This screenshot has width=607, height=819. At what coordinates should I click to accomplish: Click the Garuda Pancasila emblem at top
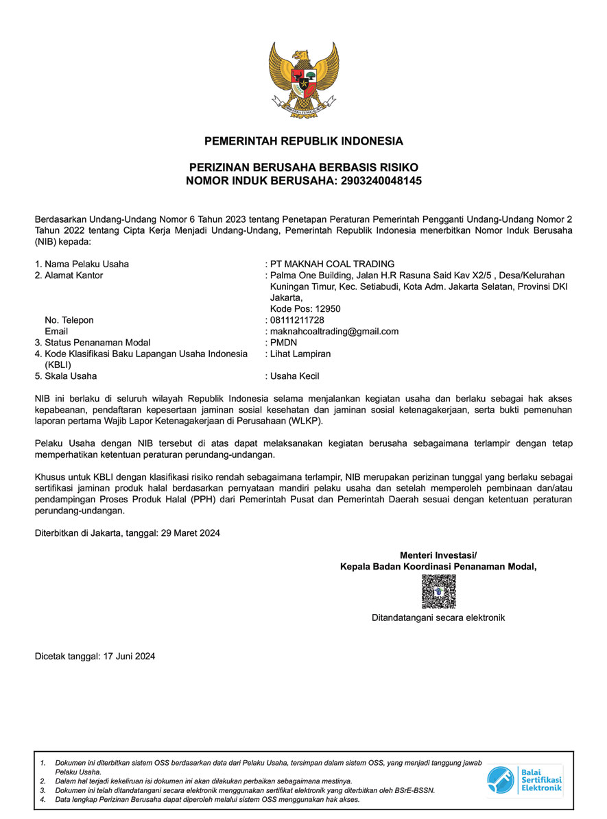(x=303, y=77)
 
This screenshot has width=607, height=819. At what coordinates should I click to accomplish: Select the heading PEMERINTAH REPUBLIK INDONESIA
(x=304, y=142)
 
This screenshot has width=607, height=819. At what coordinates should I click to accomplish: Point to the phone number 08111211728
(x=297, y=320)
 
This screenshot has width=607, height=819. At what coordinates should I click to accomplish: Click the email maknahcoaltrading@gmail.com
(x=335, y=331)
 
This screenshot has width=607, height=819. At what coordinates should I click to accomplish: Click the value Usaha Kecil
(x=295, y=376)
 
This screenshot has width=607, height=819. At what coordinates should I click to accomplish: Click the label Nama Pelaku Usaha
(x=86, y=265)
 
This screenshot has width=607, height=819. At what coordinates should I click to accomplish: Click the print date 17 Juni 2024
(x=129, y=656)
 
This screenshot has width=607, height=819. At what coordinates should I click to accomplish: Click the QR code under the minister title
(x=438, y=591)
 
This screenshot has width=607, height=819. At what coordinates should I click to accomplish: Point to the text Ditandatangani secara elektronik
(x=438, y=618)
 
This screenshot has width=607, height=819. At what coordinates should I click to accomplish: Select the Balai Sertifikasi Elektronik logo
(x=525, y=781)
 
